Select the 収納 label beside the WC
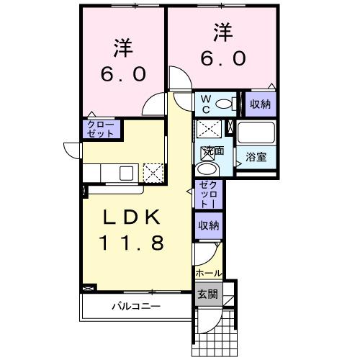(x=260, y=104)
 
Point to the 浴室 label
(x=256, y=156)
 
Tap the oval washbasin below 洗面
(x=207, y=169)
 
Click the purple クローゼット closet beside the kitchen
(x=99, y=129)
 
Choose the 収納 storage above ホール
(x=210, y=225)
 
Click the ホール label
(x=209, y=274)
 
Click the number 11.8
(x=132, y=243)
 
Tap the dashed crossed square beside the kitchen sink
(x=153, y=173)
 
